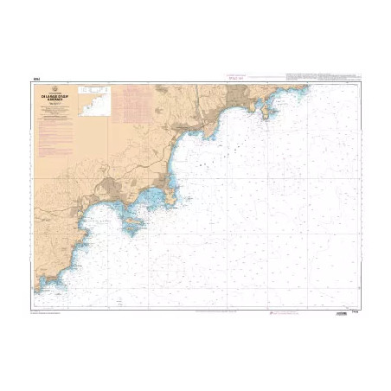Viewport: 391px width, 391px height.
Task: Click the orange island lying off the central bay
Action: point(135,225)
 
